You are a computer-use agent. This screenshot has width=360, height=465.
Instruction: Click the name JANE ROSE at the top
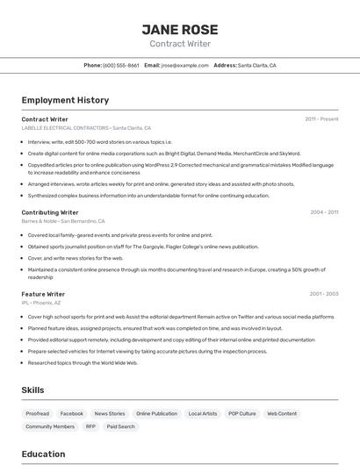180,29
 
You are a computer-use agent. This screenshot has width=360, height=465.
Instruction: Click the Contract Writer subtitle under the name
180,44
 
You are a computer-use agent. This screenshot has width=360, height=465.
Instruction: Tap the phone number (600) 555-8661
121,65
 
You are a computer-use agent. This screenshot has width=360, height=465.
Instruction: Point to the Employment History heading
65,100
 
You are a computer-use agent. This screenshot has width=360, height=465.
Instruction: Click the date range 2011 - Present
321,118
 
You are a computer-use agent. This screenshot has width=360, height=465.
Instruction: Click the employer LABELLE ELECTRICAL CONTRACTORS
66,127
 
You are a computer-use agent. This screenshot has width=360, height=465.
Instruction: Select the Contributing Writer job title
50,212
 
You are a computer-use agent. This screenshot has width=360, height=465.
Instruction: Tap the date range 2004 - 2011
324,212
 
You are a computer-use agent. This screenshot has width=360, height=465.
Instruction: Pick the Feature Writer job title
43,294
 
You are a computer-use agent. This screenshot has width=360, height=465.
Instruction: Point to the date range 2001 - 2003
324,294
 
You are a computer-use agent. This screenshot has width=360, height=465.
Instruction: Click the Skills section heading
33,390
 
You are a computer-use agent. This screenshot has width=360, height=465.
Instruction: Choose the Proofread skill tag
38,413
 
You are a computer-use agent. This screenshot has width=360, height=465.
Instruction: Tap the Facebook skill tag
72,413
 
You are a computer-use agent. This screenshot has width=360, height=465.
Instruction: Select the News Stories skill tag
110,413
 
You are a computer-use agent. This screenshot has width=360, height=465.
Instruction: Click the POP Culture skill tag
242,413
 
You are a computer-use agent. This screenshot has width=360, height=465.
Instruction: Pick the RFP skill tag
90,426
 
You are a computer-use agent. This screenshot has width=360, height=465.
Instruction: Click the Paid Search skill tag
121,426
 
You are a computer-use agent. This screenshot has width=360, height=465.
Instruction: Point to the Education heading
43,454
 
